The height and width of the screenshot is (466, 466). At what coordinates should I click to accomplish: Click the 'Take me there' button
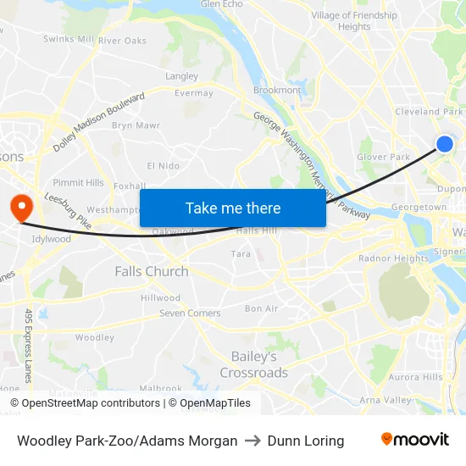(x=233, y=208)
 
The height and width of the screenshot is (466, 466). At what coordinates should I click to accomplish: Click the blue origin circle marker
(x=444, y=144)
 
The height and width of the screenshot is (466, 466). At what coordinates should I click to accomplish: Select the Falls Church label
(x=152, y=271)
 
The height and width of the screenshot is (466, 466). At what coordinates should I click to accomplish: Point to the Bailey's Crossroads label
(x=253, y=365)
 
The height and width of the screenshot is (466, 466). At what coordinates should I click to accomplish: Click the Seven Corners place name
(x=191, y=313)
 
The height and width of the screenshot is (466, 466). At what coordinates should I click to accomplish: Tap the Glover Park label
(x=383, y=157)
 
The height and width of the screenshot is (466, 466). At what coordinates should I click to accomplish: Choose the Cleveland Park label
(x=429, y=112)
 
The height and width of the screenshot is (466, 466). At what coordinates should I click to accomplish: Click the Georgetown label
(x=419, y=207)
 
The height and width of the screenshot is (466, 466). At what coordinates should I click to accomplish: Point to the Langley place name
(x=182, y=76)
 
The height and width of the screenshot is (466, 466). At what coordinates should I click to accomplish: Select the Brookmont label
(x=277, y=90)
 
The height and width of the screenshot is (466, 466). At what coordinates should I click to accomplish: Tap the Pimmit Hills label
(x=78, y=182)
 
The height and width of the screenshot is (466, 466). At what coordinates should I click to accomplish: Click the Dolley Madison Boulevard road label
(x=99, y=122)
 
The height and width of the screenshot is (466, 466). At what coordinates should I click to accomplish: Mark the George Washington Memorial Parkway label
(x=311, y=166)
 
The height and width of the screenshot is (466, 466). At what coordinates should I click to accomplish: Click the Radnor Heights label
(x=394, y=258)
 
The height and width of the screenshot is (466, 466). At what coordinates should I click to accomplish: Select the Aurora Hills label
(x=415, y=377)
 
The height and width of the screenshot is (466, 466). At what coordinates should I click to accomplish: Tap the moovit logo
(x=414, y=440)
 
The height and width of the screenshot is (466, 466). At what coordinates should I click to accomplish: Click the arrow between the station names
(x=252, y=441)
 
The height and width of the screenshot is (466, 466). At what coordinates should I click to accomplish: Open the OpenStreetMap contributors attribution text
(x=85, y=403)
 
